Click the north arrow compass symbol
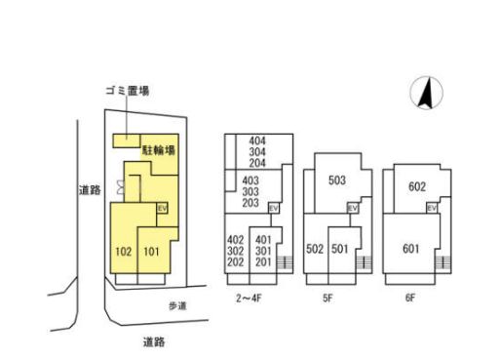coord(425,94)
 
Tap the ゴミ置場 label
coord(128,90)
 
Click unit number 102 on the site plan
coord(123,252)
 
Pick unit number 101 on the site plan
coord(151,252)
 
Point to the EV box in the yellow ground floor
coord(163,208)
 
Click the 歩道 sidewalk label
coord(176,305)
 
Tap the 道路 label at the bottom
coord(153,341)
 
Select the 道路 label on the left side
coord(90,190)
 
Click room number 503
coord(337,180)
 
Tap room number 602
coord(417,186)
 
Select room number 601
coord(411,248)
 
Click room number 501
coord(339,249)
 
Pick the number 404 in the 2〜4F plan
coord(257,141)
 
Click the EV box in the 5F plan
coord(352,209)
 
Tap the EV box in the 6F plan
coord(435,209)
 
